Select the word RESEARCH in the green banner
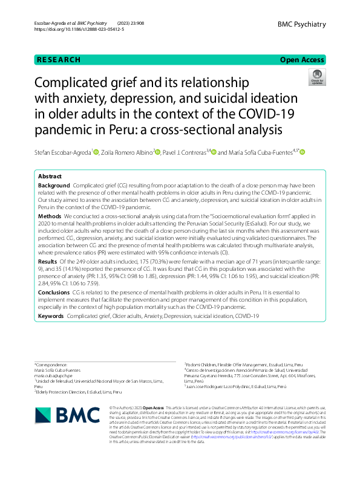coord(59,60)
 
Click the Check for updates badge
coord(317,77)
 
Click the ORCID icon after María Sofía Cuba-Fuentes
coord(303,152)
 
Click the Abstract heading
coord(50,177)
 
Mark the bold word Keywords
coord(51,316)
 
